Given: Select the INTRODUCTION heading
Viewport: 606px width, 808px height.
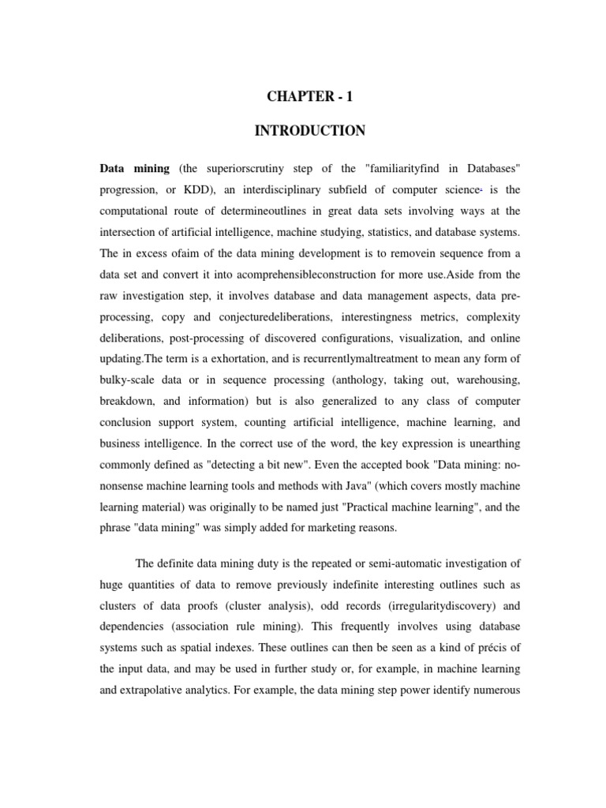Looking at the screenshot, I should pyautogui.click(x=309, y=131).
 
